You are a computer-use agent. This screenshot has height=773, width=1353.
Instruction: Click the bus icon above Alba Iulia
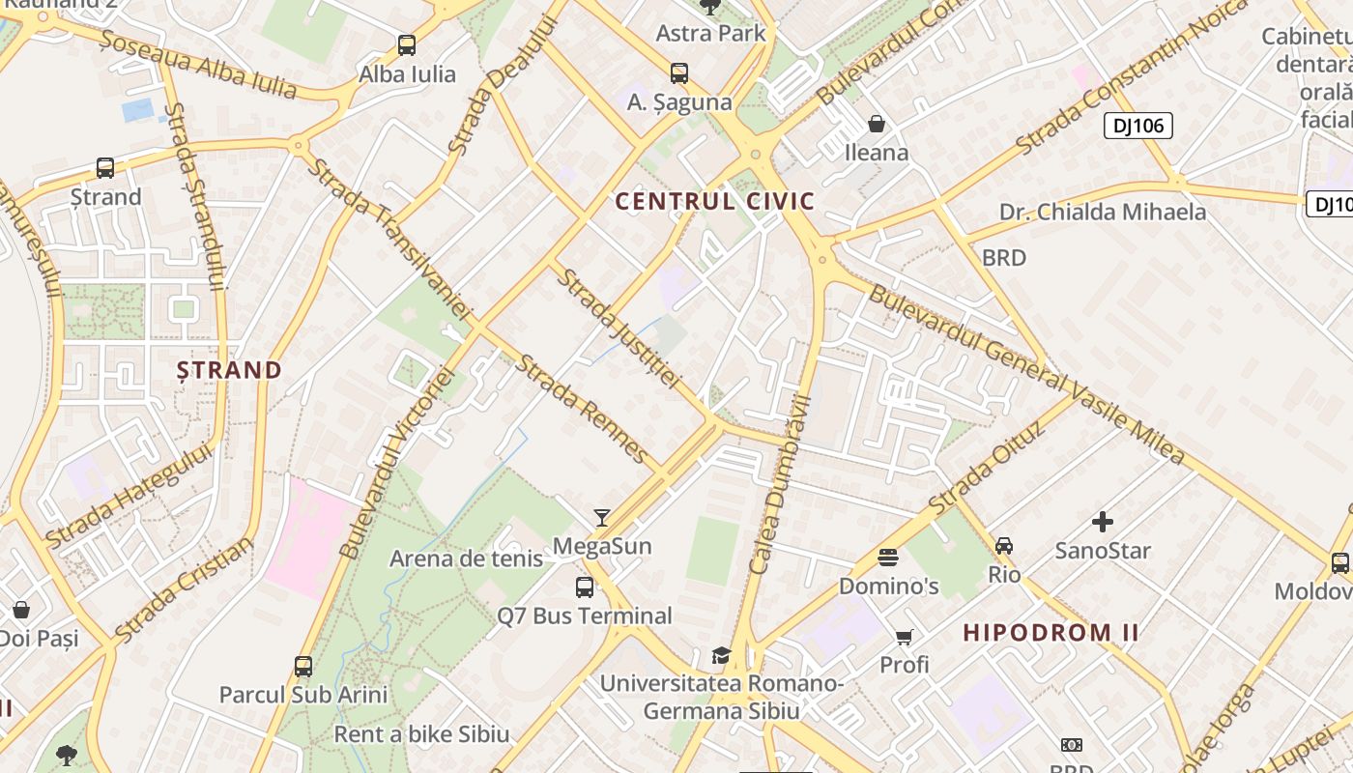pos(407,44)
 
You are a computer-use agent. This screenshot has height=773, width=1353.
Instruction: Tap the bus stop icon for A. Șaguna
pos(679,72)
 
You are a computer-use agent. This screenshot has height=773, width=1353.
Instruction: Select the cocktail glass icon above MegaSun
pos(602,517)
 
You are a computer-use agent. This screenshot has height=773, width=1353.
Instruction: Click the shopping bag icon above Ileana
pos(877,124)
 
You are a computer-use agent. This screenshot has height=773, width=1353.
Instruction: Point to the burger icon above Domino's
pos(888,557)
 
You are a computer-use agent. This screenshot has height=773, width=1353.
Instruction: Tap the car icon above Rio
pos(1004,546)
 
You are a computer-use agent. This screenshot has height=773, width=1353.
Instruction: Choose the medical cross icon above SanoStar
pos(1103,522)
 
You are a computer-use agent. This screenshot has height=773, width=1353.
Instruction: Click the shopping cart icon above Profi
pos(905,637)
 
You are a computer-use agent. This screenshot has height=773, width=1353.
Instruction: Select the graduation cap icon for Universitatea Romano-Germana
pos(721,655)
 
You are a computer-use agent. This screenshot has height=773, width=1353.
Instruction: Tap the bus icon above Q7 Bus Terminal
pos(585,587)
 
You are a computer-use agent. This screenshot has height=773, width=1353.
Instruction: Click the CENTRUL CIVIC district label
pos(715,202)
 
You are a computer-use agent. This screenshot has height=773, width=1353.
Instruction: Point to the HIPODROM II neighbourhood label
pos(1051,634)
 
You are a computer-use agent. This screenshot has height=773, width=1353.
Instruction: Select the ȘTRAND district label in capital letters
pos(230,370)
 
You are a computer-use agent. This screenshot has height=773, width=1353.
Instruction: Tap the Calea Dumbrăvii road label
pos(779,483)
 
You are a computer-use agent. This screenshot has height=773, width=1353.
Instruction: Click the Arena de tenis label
pos(466,558)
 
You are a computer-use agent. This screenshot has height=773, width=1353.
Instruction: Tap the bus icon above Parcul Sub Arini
pos(303,667)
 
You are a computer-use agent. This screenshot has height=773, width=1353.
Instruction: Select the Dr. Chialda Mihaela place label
pos(1103,213)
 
